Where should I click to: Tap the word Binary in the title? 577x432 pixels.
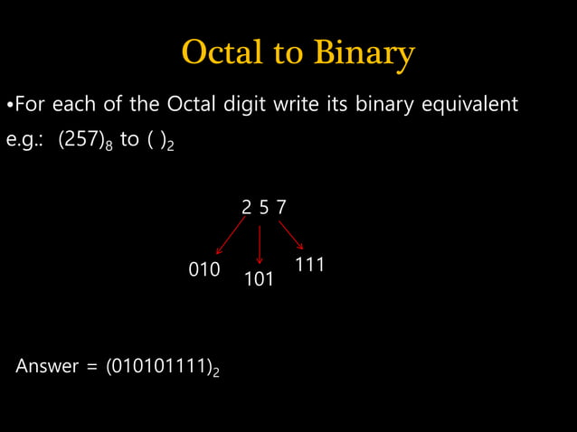[364, 54]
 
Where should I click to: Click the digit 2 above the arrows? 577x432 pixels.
[246, 207]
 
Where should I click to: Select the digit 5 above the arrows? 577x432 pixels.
[263, 207]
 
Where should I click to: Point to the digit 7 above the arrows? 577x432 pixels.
[281, 207]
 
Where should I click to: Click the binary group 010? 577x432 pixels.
[204, 269]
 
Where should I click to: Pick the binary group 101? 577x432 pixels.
[260, 279]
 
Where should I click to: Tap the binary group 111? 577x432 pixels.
[310, 265]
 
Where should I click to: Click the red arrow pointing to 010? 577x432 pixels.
[230, 236]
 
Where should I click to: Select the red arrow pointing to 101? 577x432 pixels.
[260, 244]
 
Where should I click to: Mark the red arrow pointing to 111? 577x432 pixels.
[290, 234]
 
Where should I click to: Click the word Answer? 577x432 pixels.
[46, 367]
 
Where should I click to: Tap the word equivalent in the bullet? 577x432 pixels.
[469, 104]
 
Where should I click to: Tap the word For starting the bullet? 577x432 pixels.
[30, 104]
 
